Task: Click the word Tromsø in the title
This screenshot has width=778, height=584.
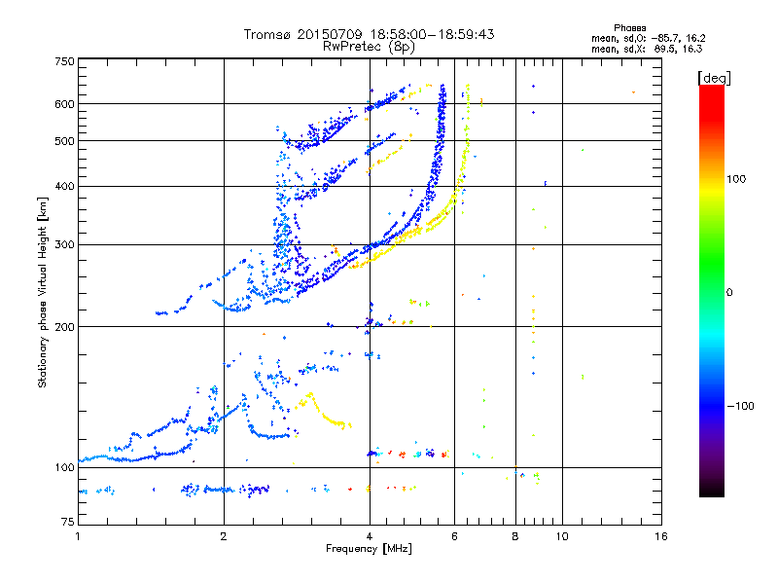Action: click(x=265, y=34)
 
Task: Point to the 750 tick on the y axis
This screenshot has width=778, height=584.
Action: click(x=64, y=61)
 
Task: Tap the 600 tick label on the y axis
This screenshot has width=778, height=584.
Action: click(x=64, y=104)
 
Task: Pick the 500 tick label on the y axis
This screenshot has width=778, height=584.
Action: click(x=64, y=141)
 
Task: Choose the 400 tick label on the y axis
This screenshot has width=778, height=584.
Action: click(x=64, y=186)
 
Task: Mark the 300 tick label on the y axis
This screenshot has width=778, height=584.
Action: click(x=64, y=244)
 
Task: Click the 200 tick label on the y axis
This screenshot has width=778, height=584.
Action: click(x=64, y=326)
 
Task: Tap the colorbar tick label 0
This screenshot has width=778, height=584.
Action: click(x=731, y=292)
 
